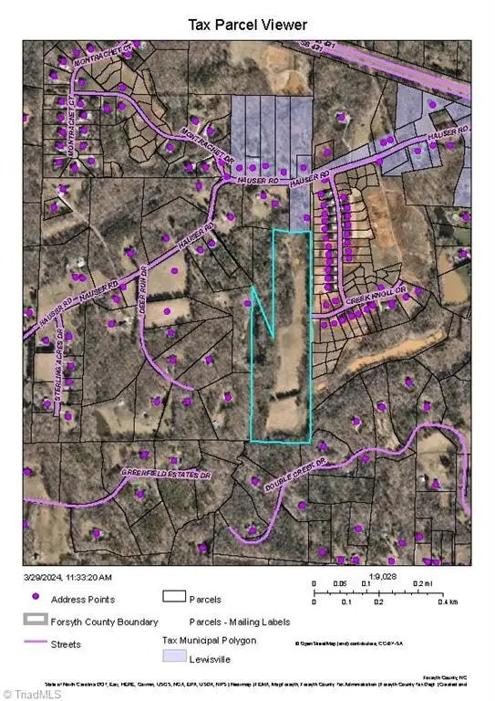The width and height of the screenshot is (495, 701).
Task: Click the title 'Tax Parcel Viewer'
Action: coord(247,24)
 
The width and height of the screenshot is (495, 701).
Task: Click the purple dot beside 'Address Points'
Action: coord(36,599)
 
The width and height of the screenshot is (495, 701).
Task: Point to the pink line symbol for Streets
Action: coord(36,643)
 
